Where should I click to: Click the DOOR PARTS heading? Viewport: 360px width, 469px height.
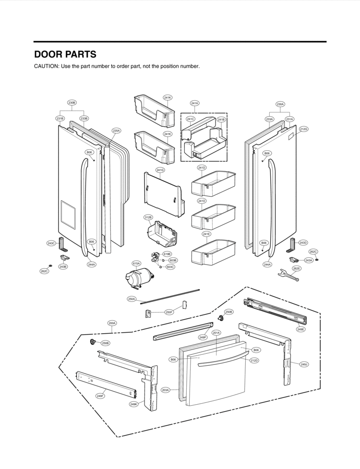coord(65,54)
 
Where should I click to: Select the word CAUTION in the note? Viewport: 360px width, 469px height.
coord(46,66)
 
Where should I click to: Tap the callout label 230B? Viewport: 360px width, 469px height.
coord(72,103)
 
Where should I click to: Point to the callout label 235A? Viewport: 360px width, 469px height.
coord(117,131)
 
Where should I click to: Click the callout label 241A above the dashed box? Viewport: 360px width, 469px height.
coord(194,103)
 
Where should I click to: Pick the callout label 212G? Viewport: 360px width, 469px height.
coord(303,129)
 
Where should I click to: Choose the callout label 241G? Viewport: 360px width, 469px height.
coord(160,170)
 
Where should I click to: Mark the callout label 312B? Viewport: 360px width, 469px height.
coord(148,217)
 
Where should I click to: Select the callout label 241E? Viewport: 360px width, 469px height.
coord(206,234)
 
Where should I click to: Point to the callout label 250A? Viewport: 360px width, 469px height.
coord(132,299)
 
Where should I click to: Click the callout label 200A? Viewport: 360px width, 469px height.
coord(112,323)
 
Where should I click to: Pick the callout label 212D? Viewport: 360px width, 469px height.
coord(254,360)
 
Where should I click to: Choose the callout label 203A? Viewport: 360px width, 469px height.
coord(165,390)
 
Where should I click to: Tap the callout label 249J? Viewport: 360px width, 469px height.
coord(304,365)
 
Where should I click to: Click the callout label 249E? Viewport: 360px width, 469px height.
coord(300,329)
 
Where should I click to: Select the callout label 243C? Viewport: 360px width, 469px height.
coord(51,243)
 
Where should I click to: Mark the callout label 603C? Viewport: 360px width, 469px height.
coord(170,267)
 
